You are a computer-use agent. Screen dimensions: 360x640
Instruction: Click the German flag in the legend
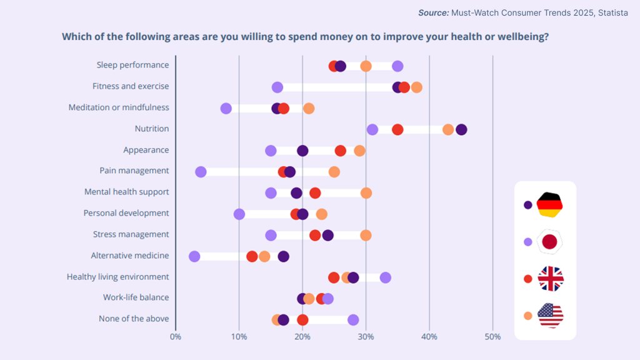click(550, 204)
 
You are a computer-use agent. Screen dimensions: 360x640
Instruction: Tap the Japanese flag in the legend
click(550, 242)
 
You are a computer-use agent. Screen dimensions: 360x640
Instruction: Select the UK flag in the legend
click(550, 279)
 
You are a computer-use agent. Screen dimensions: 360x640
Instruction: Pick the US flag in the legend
click(550, 315)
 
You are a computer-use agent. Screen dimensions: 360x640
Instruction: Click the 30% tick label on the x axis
click(366, 336)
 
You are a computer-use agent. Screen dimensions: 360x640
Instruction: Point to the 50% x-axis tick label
click(492, 336)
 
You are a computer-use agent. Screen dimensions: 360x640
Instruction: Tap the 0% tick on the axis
click(176, 336)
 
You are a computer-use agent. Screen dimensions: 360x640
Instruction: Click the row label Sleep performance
click(132, 65)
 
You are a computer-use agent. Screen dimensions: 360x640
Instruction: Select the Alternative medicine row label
click(130, 256)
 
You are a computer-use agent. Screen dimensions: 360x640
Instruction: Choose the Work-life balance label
click(136, 297)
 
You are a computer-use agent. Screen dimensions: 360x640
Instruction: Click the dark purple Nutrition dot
click(461, 129)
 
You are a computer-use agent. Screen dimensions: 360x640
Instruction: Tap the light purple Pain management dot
click(201, 172)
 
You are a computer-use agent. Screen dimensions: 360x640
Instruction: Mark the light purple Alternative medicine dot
click(194, 256)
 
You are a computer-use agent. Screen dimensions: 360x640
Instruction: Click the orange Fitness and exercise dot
click(416, 87)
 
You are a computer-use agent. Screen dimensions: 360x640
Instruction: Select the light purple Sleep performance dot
click(397, 66)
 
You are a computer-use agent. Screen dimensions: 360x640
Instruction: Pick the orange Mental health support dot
click(366, 192)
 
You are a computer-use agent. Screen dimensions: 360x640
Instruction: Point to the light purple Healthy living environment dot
click(386, 277)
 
